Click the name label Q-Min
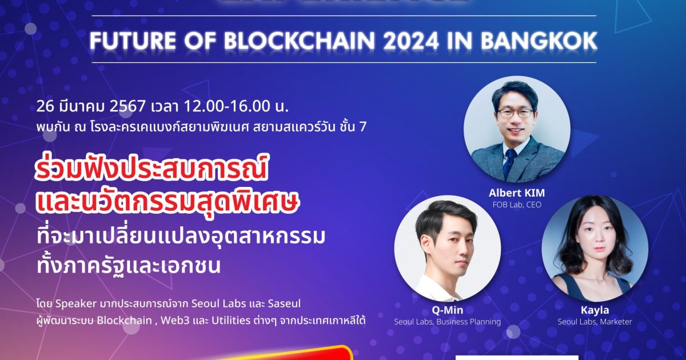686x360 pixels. (448, 310)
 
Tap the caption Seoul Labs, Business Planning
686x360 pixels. (448, 322)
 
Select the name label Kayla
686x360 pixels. (595, 310)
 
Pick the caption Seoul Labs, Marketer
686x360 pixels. (595, 322)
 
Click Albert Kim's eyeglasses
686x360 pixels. (515, 113)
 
